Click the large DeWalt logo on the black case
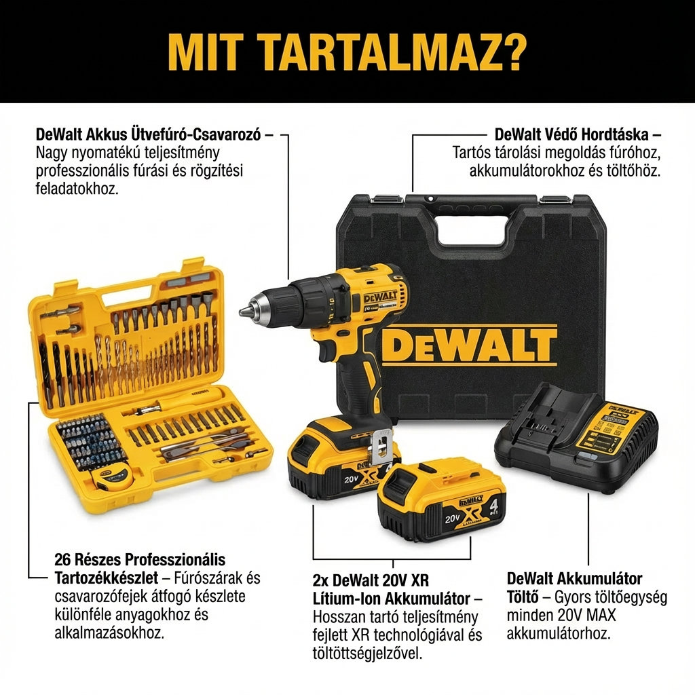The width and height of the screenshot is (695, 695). [469, 345]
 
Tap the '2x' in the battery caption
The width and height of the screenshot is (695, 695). [321, 580]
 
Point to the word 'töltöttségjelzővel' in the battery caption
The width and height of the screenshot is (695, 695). [367, 654]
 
